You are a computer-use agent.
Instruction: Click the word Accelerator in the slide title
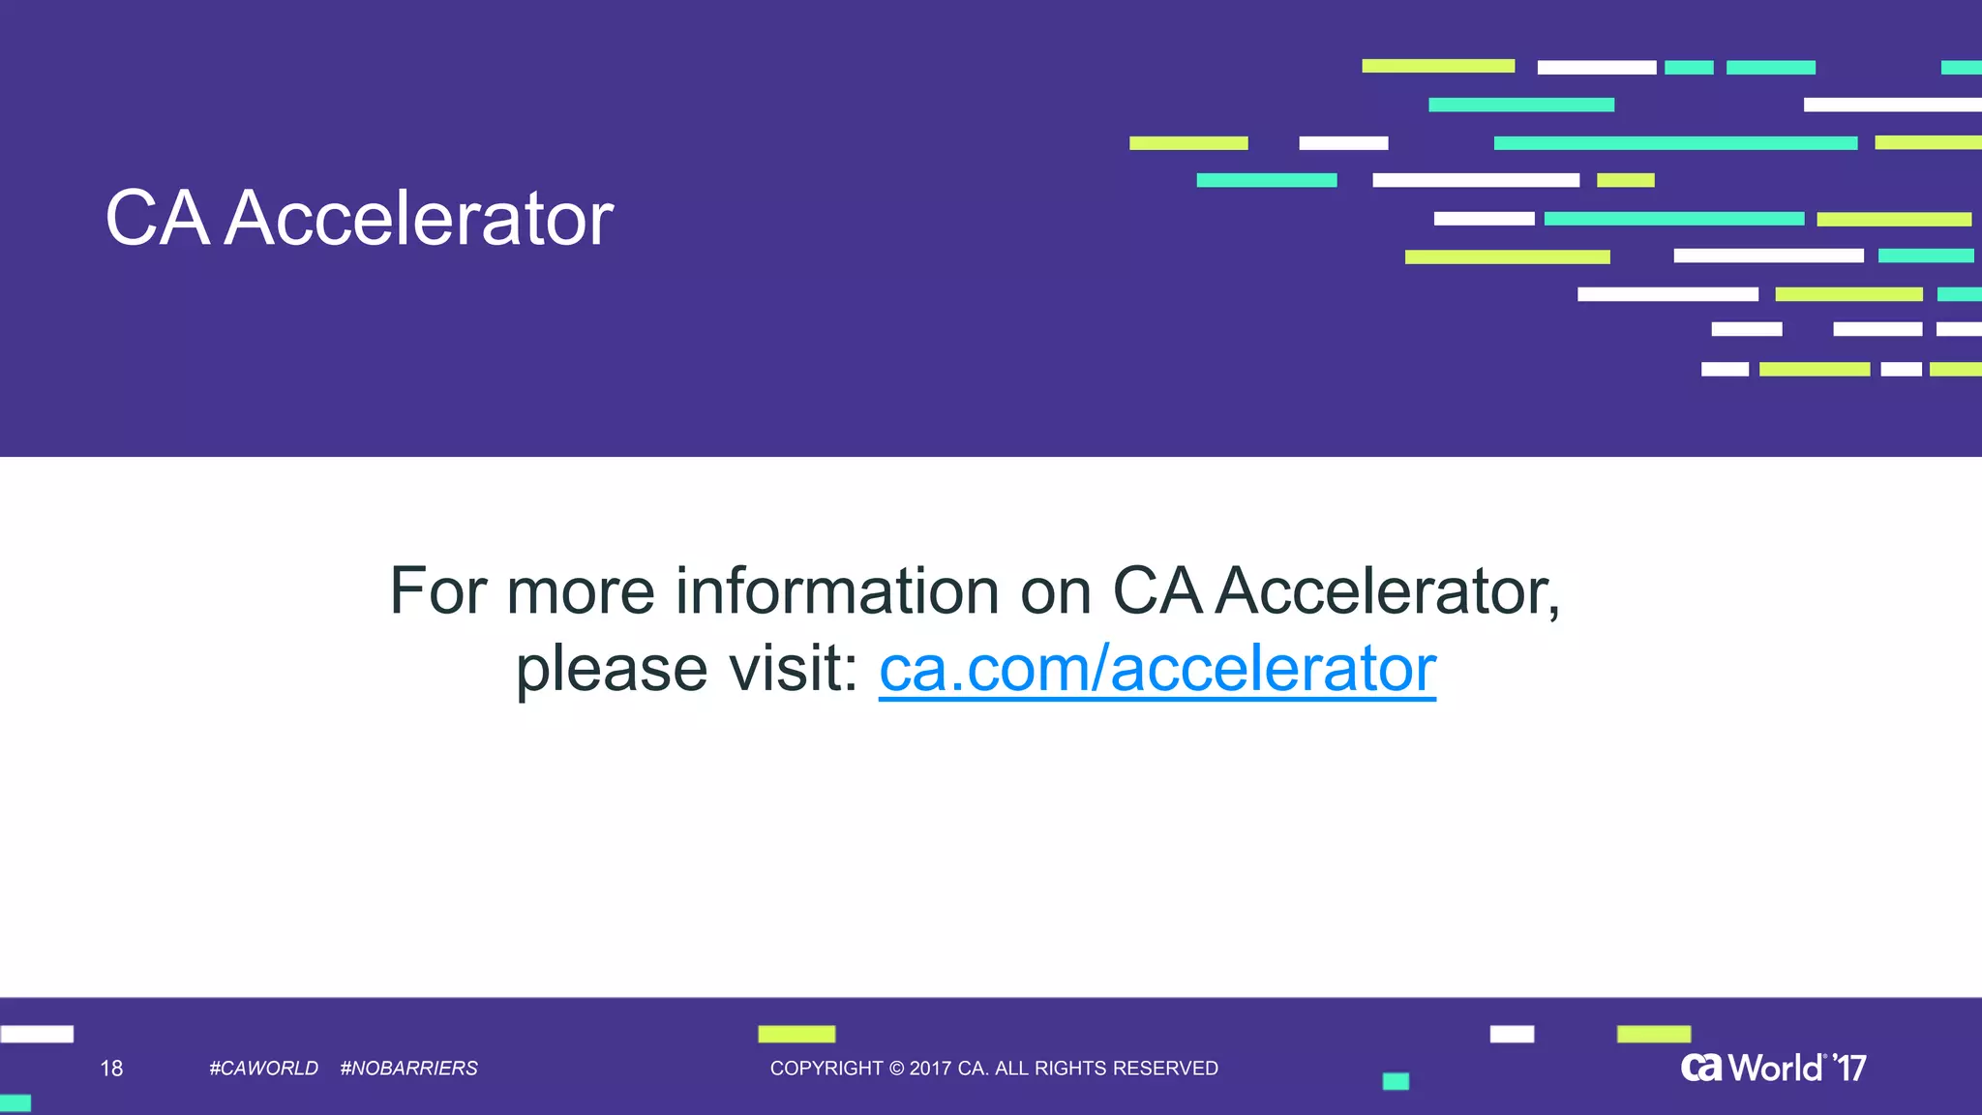click(419, 219)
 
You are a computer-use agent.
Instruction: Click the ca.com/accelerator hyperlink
click(1156, 669)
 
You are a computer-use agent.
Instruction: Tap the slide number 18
click(111, 1069)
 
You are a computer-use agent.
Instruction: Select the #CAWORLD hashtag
click(263, 1069)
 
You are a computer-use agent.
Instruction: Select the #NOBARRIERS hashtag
click(408, 1069)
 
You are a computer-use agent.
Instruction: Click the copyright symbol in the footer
click(896, 1069)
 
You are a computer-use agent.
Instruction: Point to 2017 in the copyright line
click(930, 1069)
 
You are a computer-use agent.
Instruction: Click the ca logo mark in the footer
click(1701, 1068)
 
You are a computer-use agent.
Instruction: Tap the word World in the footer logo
click(1775, 1069)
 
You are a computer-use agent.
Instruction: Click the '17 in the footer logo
click(1849, 1069)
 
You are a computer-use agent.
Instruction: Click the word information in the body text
click(836, 591)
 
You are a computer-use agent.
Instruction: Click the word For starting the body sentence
click(437, 591)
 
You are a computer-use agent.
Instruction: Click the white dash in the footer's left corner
click(37, 1034)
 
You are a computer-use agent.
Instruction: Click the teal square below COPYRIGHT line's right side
click(1396, 1081)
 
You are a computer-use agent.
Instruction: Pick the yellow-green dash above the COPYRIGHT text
click(796, 1034)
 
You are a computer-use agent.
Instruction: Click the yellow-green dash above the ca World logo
click(1653, 1034)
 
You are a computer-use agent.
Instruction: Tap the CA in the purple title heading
click(157, 219)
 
